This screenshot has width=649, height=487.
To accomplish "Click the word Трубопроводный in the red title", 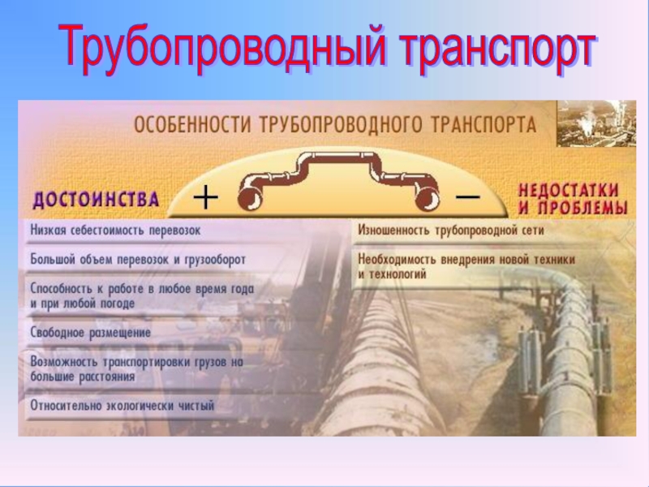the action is point(222,49).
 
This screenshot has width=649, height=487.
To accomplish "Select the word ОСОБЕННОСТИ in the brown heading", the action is point(192,125).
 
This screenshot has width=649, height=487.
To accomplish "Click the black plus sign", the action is point(206,197).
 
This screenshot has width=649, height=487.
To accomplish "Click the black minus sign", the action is point(468,196).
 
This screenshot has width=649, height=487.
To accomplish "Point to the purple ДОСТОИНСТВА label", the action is point(96,199).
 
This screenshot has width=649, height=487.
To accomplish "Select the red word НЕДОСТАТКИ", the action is point(569,191).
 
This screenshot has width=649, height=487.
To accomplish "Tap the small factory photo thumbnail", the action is point(596,123).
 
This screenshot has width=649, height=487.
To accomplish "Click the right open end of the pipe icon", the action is point(428,199).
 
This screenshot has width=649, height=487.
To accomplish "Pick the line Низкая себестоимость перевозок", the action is point(115,231).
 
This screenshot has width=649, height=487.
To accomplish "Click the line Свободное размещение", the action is point(91,333).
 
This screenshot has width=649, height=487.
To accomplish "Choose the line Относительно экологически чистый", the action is point(122,405).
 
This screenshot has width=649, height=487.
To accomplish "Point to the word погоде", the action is point(117,304).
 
